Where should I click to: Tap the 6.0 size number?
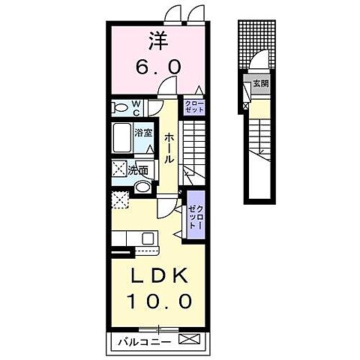(x=158, y=67)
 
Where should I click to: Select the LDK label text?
(x=159, y=275)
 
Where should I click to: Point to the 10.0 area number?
(x=159, y=301)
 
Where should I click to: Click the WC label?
(x=136, y=108)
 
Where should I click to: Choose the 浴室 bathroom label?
(x=143, y=133)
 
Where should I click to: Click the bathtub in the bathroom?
(x=122, y=138)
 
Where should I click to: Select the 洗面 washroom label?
(x=138, y=171)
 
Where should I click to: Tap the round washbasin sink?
(x=142, y=187)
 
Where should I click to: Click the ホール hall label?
(x=169, y=148)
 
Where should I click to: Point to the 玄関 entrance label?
(x=261, y=83)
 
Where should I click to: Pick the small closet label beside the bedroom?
(x=194, y=106)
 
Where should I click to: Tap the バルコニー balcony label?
(x=145, y=342)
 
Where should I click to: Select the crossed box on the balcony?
(x=190, y=339)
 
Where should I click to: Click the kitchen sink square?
(x=148, y=238)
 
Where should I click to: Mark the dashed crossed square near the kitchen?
(x=120, y=199)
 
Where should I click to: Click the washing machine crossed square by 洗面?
(x=119, y=169)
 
